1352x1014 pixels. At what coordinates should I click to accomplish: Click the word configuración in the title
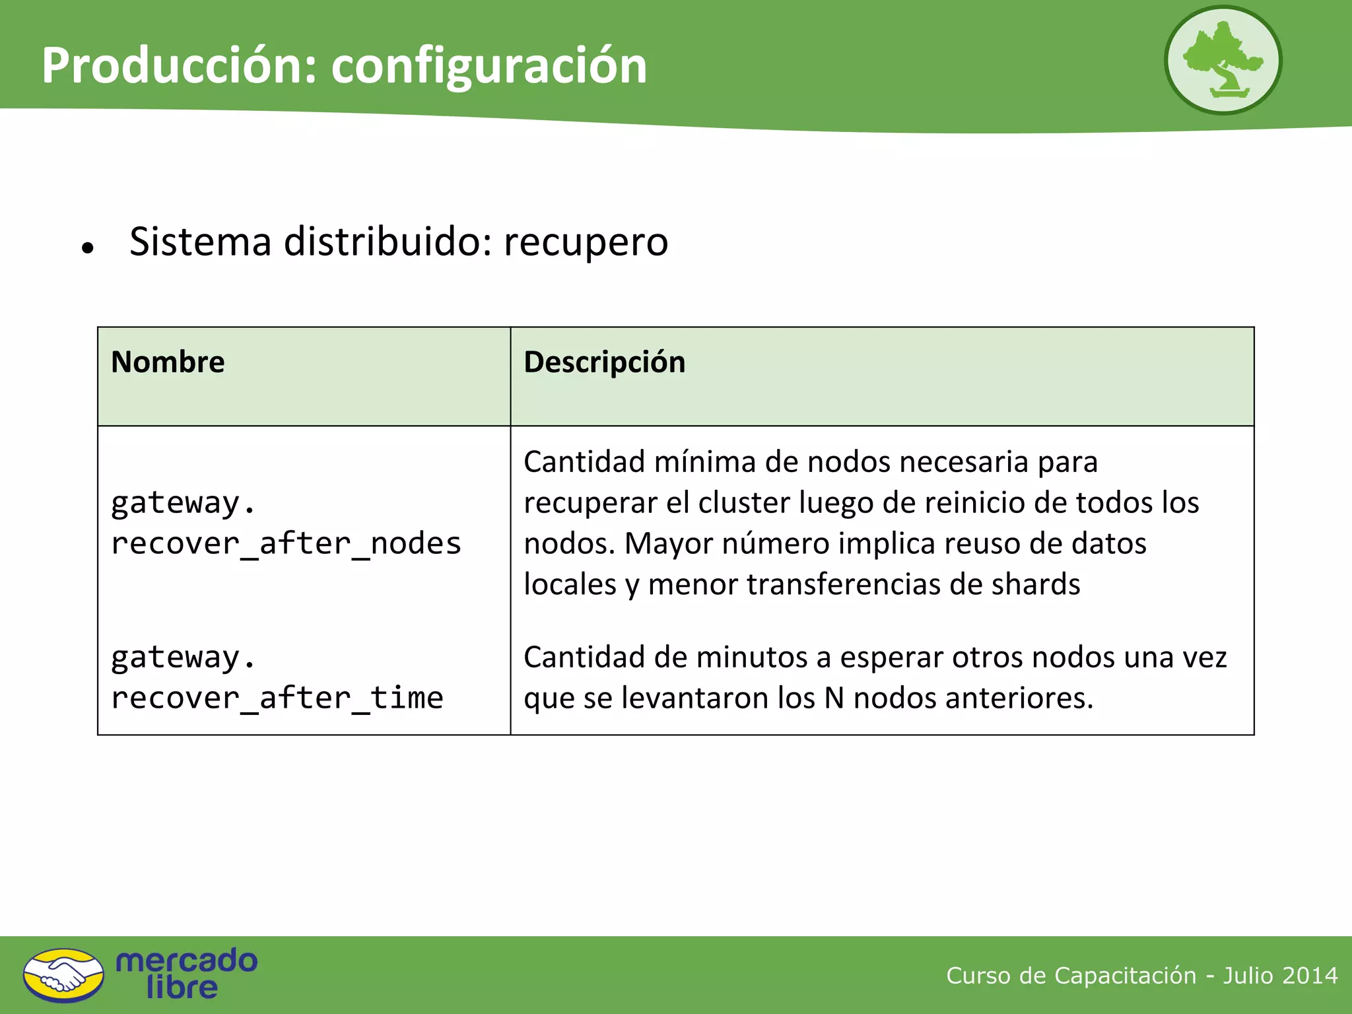coord(489,67)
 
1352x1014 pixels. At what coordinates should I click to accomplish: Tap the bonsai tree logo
coord(1223,61)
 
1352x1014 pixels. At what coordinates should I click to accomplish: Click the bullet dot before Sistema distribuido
coord(88,248)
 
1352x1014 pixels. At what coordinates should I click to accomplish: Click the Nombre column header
coord(168,362)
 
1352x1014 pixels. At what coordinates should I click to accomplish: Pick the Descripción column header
coord(604,362)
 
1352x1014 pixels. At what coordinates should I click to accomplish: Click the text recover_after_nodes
coord(286,544)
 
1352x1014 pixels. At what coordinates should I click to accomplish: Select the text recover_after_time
coord(277,698)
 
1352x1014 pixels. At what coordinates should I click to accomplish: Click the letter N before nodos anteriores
coord(834,698)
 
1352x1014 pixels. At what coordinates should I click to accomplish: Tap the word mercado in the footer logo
coord(186,961)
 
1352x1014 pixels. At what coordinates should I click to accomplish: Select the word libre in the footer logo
coord(182,988)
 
